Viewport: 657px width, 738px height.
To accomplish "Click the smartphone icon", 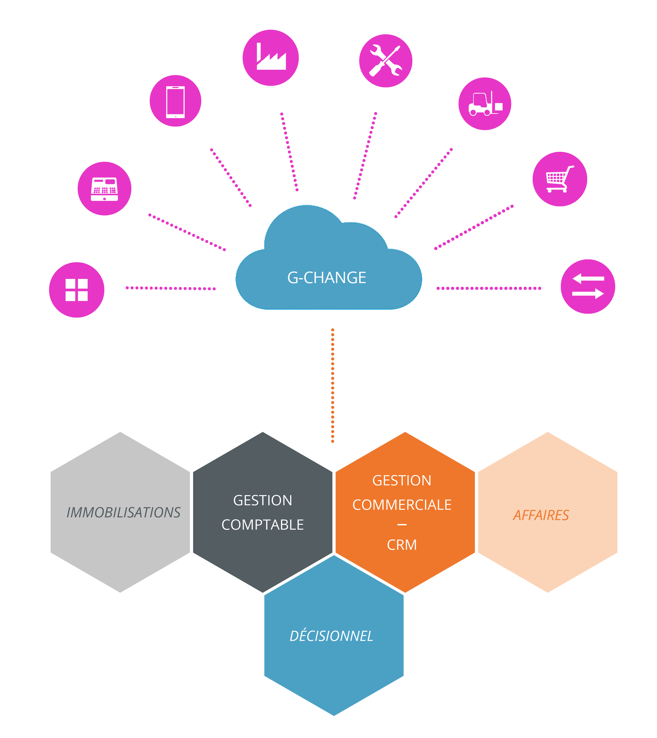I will click(x=175, y=102).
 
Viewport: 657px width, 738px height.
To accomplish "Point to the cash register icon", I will click(x=104, y=189).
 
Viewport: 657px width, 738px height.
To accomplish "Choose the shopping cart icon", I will click(x=560, y=179).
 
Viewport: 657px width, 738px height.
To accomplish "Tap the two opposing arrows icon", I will click(x=588, y=286).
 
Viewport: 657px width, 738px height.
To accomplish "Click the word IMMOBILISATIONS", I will click(x=124, y=513).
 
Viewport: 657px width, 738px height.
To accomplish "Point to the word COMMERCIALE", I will click(x=402, y=505).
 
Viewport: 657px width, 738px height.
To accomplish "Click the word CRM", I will click(x=402, y=545).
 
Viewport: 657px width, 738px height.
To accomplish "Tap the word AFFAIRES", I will click(x=541, y=515).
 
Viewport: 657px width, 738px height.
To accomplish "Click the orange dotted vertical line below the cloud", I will click(x=332, y=385).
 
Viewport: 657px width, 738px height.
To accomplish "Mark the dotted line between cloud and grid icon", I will click(x=170, y=288).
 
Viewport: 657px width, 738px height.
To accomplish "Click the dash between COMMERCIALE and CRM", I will click(x=402, y=525).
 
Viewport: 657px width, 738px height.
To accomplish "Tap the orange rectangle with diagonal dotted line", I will click(x=474, y=227).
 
